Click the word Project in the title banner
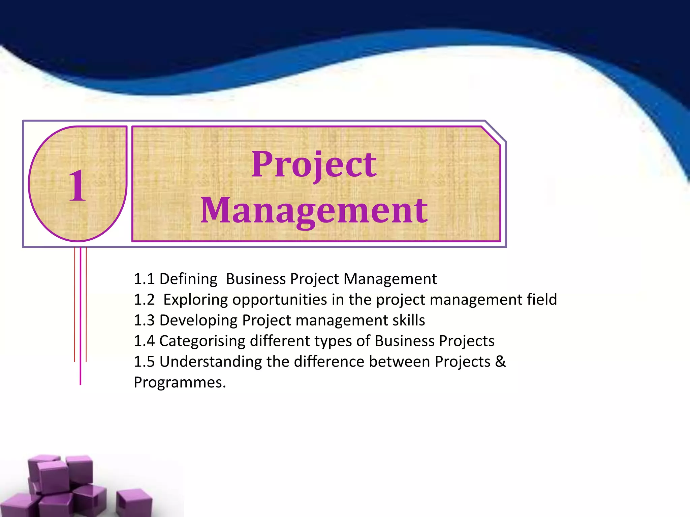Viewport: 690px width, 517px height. pyautogui.click(x=314, y=165)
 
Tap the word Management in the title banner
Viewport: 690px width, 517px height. pyautogui.click(x=314, y=210)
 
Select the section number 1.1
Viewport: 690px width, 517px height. pyautogui.click(x=144, y=279)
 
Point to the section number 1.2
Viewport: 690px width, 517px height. pyautogui.click(x=144, y=300)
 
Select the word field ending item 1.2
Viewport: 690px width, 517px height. pyautogui.click(x=542, y=299)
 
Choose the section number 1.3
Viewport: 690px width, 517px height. pyautogui.click(x=144, y=320)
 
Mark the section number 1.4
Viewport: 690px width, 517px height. pyautogui.click(x=144, y=341)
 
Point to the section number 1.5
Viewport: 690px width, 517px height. pyautogui.click(x=144, y=362)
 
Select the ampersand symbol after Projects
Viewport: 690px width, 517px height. pyautogui.click(x=501, y=361)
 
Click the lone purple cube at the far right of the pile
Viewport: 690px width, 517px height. pyautogui.click(x=134, y=503)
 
